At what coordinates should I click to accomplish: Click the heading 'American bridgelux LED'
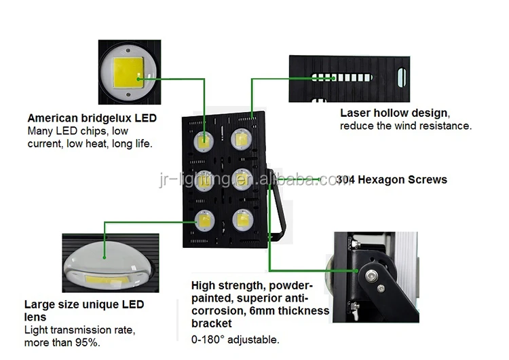92,118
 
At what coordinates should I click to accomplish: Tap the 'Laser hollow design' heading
394,113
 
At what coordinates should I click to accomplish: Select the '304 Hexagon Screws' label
392,180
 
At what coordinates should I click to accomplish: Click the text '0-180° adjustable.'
235,340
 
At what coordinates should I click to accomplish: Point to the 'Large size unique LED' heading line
84,305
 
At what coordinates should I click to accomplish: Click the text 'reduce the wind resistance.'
405,126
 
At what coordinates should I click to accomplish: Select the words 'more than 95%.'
62,342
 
